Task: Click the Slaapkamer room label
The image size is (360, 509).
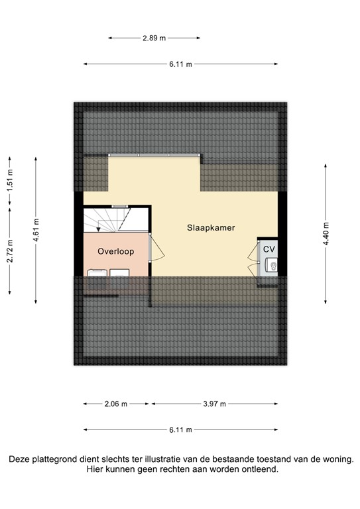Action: click(211, 227)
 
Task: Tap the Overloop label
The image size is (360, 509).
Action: click(116, 251)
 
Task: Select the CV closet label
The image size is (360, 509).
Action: click(269, 249)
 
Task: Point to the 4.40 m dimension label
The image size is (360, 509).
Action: click(325, 235)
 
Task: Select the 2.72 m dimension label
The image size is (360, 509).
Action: click(10, 251)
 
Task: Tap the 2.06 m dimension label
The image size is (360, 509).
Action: click(117, 404)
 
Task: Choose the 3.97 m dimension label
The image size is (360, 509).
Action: click(214, 404)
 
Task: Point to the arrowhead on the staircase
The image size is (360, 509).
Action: click(98, 229)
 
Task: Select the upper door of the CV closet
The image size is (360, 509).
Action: click(253, 253)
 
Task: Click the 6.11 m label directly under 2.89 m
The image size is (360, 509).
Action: click(180, 64)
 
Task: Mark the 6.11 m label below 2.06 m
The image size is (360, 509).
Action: click(180, 429)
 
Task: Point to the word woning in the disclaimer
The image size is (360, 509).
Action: click(337, 459)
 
